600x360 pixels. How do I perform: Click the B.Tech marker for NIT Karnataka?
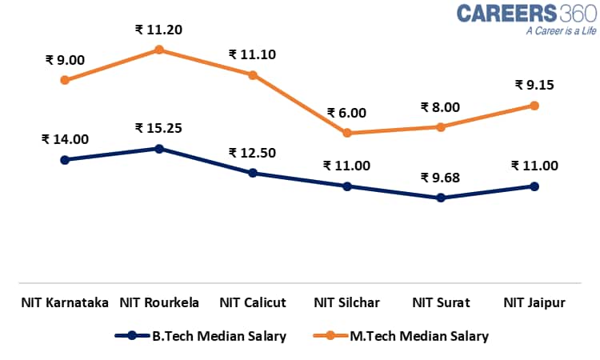tap(65, 159)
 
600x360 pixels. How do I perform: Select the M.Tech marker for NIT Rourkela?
tap(159, 50)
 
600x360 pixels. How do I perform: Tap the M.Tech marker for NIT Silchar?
tap(347, 133)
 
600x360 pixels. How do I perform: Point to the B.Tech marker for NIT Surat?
tap(441, 197)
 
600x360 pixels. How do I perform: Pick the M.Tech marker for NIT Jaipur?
tap(534, 106)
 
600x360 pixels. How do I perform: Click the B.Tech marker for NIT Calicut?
tap(253, 173)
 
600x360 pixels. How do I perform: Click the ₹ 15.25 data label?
tap(159, 128)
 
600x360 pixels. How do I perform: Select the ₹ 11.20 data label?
tap(159, 30)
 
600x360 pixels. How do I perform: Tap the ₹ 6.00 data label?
tap(346, 114)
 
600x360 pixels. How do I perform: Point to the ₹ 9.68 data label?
tap(441, 178)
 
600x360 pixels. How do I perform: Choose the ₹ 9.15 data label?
tap(534, 85)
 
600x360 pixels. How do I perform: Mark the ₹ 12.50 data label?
tap(253, 153)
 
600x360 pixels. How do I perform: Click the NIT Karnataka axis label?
tap(65, 303)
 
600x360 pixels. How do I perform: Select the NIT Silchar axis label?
tap(346, 303)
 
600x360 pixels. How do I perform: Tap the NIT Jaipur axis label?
tap(534, 303)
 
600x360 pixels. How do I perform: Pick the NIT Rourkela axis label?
tap(159, 303)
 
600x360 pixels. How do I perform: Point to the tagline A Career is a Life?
tap(561, 32)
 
